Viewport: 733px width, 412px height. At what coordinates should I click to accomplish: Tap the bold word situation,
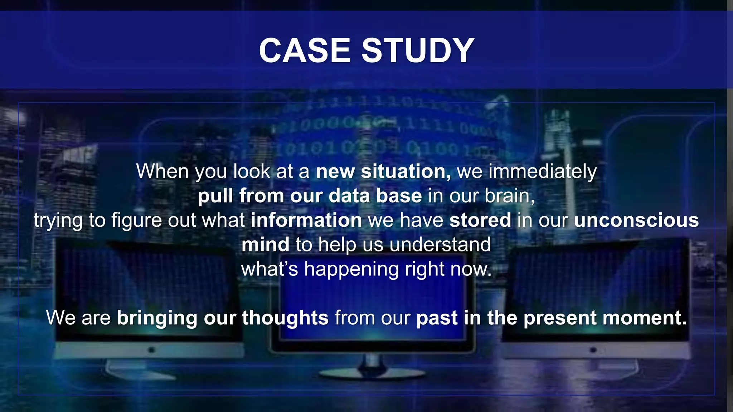point(406,171)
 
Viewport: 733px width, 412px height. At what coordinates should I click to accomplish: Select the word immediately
point(543,172)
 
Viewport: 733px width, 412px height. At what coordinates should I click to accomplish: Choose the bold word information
point(306,220)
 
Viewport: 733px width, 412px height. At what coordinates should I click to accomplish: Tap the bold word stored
point(480,220)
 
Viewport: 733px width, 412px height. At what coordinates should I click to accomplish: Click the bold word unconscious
point(636,220)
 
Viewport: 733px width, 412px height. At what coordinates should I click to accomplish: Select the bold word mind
point(265,245)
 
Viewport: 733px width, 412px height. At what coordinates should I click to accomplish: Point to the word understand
point(440,245)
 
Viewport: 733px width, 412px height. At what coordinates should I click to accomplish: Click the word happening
point(351,269)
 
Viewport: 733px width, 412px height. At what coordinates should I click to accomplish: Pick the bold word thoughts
point(285,318)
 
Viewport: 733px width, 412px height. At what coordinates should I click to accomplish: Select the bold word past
point(437,318)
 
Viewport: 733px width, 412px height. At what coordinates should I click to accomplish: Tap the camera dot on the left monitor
point(151,349)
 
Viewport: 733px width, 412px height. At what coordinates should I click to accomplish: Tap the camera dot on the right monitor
point(593,350)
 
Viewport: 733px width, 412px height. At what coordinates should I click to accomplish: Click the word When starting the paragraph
point(162,171)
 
